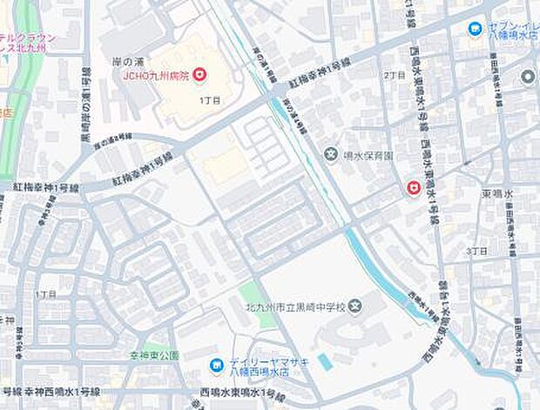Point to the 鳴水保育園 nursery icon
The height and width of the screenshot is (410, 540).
[x=332, y=156]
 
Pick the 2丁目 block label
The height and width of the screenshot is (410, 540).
[x=396, y=76]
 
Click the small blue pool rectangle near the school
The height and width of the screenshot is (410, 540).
[x=325, y=360]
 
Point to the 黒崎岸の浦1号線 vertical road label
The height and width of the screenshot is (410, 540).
[x=86, y=96]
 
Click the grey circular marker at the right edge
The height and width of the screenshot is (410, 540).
[x=528, y=77]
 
